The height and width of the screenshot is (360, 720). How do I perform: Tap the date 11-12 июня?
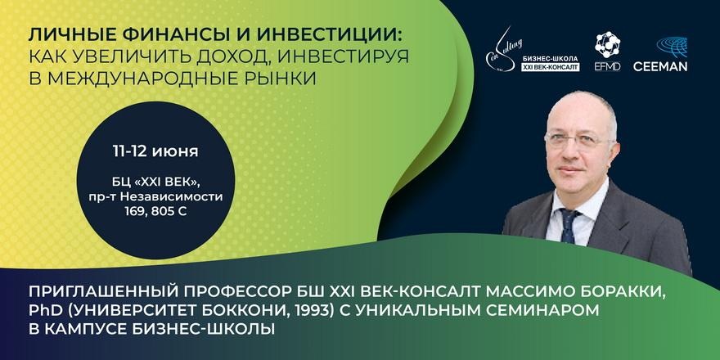click(x=155, y=151)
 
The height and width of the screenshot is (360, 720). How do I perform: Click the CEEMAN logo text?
click(x=660, y=66)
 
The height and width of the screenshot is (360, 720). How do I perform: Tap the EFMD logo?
click(x=607, y=51)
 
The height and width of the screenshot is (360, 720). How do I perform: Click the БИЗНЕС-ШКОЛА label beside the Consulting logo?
click(x=549, y=59)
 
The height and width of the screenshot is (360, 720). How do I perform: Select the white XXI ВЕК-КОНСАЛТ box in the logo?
click(x=550, y=67)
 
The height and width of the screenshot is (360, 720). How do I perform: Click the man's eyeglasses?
click(x=578, y=140)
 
